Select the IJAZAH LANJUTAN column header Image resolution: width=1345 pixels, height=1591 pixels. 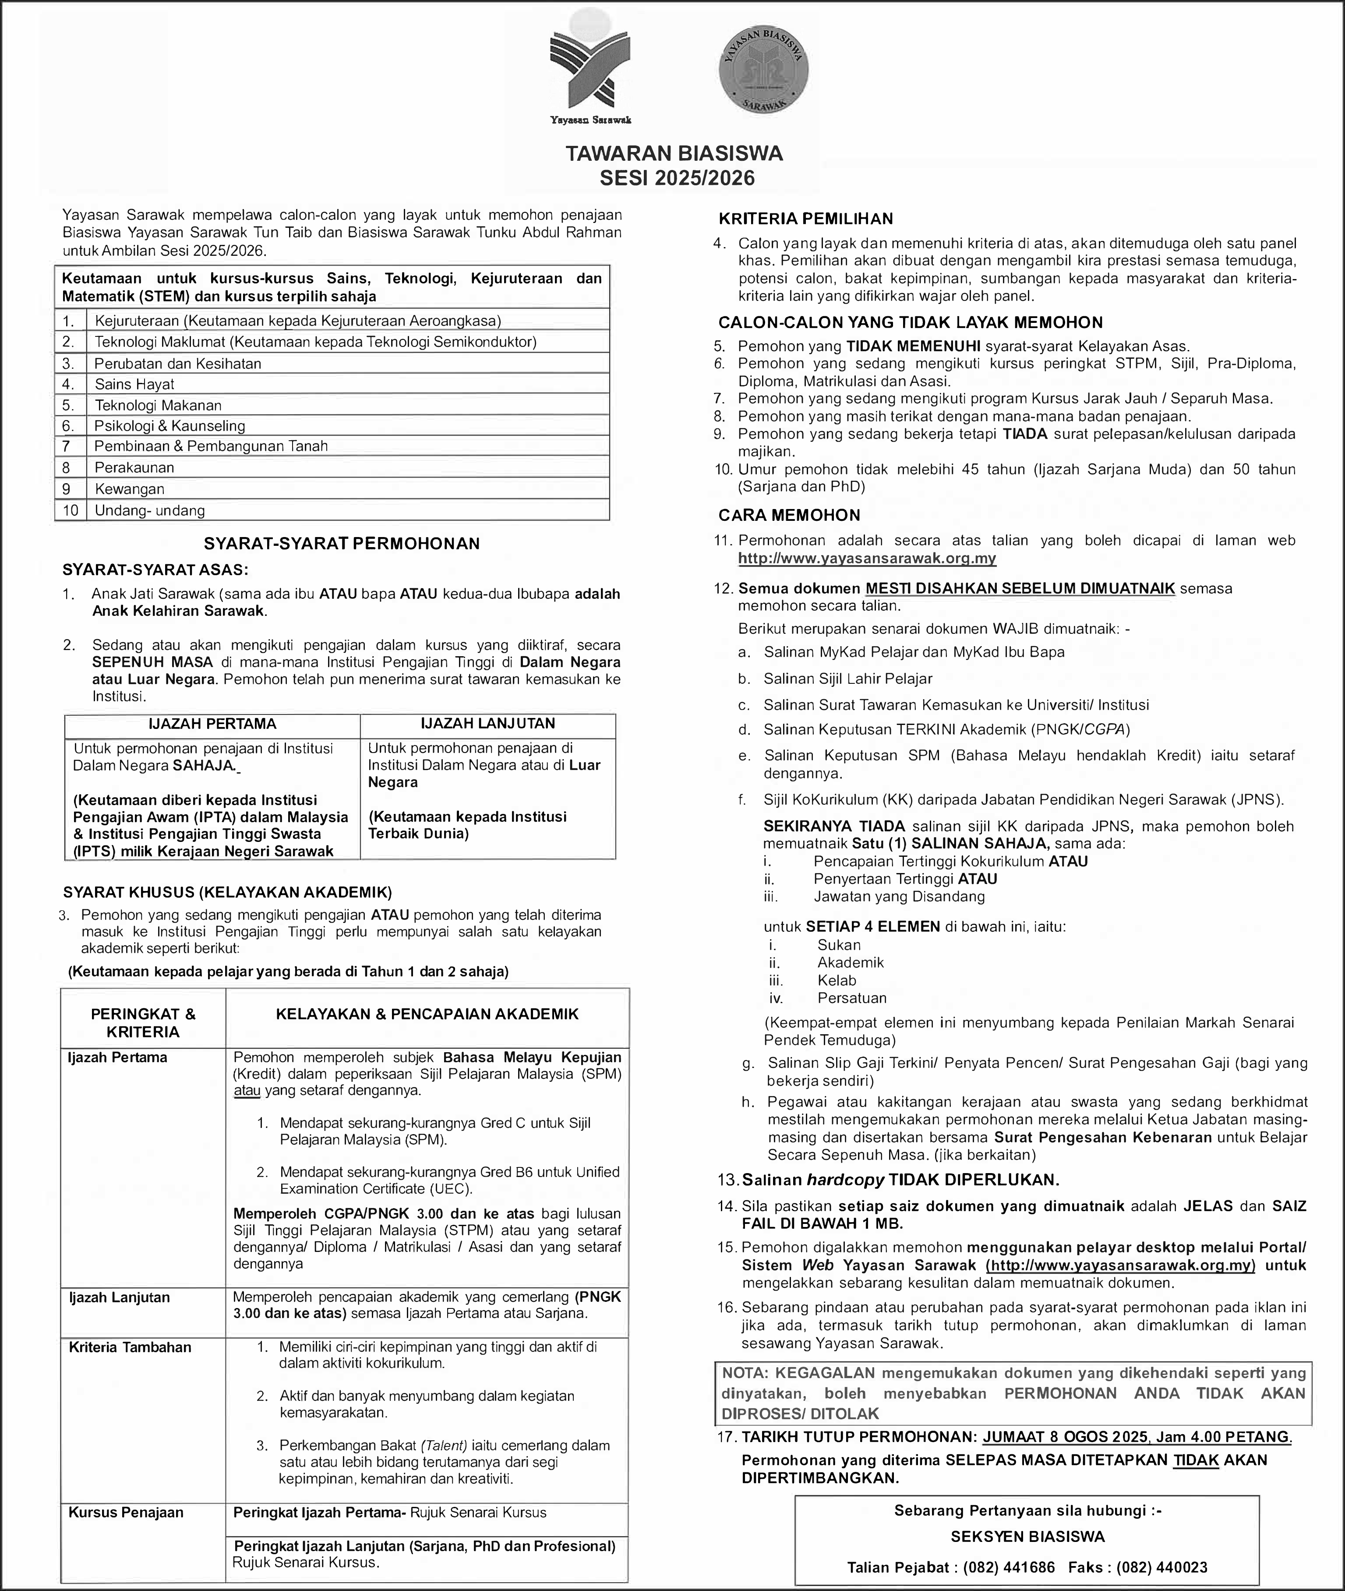coord(488,724)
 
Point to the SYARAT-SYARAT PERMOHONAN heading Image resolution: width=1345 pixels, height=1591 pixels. coord(342,544)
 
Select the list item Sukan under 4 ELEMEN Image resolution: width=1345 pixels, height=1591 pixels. coord(839,945)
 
